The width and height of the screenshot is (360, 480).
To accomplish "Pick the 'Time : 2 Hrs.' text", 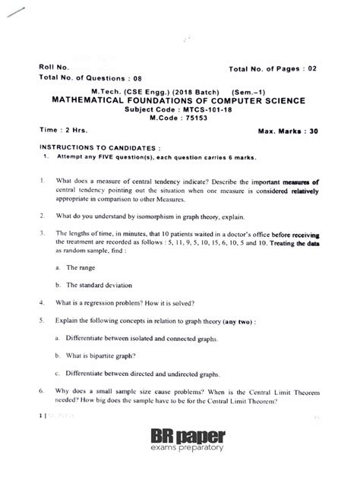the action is [60, 130].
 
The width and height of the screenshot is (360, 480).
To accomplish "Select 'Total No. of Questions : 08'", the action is [90, 77].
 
